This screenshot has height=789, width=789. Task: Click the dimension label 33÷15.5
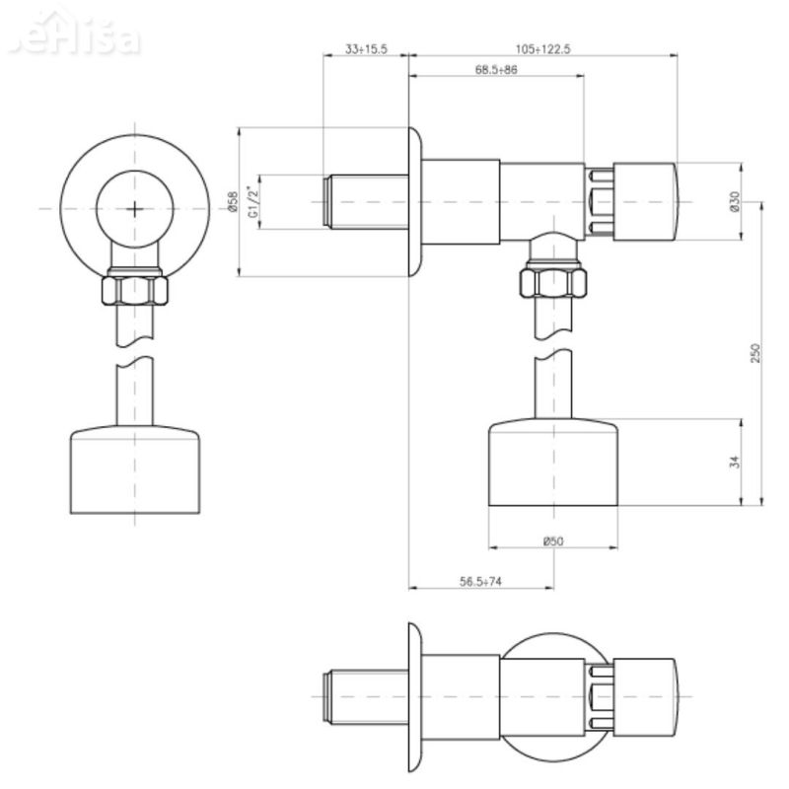point(366,48)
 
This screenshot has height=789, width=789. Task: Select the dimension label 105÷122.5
point(542,48)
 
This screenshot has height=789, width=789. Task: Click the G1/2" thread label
point(252,201)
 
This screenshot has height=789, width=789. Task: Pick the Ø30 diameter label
point(733,201)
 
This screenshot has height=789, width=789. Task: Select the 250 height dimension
point(755,352)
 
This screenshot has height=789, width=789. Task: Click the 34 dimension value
point(735,462)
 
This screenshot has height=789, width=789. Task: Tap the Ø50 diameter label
point(552,540)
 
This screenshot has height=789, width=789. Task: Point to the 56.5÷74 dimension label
point(480,582)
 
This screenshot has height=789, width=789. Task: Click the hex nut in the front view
point(136,289)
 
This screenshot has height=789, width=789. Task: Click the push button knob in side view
point(647,201)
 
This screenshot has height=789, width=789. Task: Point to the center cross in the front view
point(136,208)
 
